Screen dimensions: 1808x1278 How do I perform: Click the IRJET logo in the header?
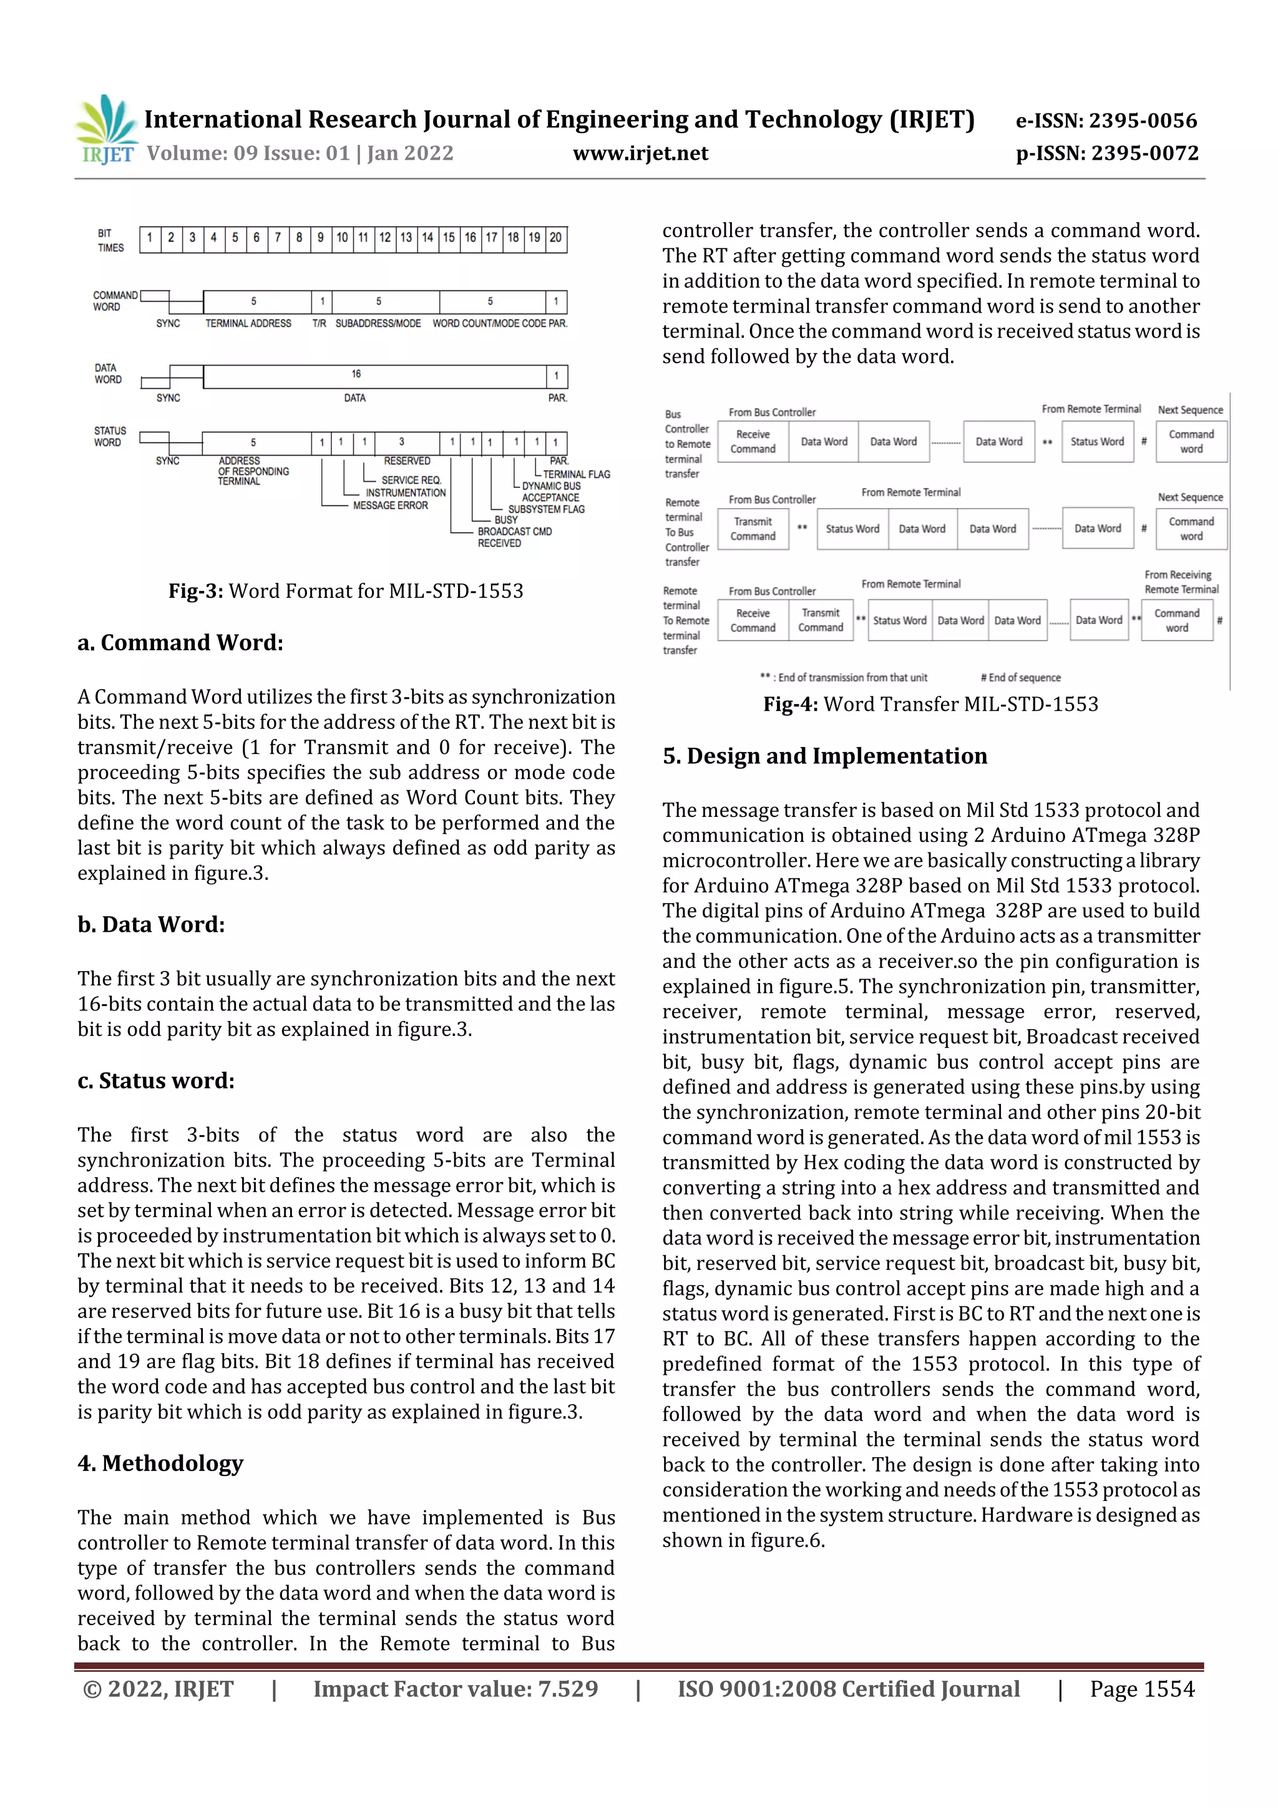106,130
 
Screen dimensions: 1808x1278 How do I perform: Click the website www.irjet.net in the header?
640,154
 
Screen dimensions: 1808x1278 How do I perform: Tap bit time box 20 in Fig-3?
556,238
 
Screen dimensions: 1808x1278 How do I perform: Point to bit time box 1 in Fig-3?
150,238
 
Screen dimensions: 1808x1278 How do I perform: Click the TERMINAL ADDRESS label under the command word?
248,324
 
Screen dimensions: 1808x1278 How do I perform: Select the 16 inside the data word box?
356,374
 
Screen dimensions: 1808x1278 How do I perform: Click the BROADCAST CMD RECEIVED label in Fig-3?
514,537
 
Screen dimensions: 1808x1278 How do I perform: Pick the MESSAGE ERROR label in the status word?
390,506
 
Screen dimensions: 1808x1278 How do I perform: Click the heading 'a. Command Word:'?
180,643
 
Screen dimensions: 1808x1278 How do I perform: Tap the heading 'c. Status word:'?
156,1080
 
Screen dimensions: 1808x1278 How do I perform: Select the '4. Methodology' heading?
160,1463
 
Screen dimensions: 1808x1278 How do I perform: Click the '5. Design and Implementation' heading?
824,756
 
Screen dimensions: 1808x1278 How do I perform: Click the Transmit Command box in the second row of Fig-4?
753,529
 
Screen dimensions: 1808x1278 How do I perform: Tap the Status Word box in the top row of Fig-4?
1097,442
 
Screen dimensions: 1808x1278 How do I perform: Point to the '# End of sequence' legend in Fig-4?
1020,678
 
